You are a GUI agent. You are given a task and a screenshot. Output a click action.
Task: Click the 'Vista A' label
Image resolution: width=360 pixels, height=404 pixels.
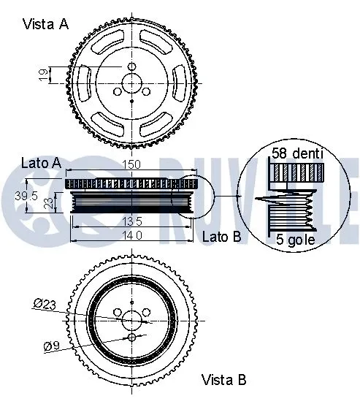(x=45, y=24)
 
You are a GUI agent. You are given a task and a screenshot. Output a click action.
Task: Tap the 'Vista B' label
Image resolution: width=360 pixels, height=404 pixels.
(x=223, y=380)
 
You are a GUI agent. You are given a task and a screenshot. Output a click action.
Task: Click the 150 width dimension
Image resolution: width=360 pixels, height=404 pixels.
(x=133, y=165)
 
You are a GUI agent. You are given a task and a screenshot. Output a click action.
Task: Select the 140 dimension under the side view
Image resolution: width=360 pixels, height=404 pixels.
(x=132, y=235)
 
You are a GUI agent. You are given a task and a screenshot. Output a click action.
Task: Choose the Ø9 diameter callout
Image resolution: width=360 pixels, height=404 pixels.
(x=51, y=346)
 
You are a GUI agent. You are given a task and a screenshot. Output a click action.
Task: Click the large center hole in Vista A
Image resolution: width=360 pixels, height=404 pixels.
(x=133, y=83)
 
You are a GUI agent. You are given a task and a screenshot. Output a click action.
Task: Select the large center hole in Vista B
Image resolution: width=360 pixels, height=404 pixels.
(x=132, y=320)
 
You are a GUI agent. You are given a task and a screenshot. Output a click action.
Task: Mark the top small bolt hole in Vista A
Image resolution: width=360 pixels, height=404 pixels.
(x=133, y=66)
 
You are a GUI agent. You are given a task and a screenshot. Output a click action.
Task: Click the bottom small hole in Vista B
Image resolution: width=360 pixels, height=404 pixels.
(x=132, y=338)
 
